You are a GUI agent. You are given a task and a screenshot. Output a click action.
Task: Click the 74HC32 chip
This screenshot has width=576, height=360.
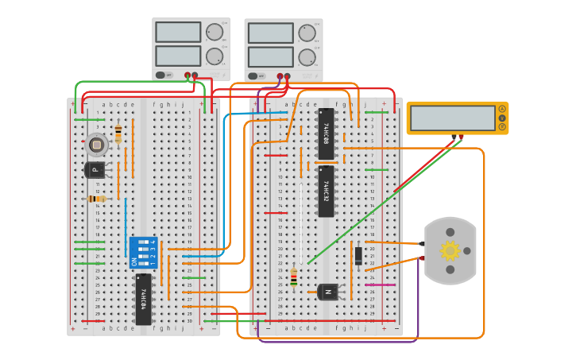pyautogui.click(x=326, y=191)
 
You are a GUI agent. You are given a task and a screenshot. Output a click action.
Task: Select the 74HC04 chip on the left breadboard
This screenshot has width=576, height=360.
pyautogui.click(x=143, y=299)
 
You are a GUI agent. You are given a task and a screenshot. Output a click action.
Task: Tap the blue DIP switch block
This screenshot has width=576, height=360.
pyautogui.click(x=145, y=252)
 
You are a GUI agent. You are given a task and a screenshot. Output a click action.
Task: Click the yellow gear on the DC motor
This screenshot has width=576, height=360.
pyautogui.click(x=450, y=251)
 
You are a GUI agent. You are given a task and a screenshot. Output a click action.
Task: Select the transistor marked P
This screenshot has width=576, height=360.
pyautogui.click(x=95, y=169)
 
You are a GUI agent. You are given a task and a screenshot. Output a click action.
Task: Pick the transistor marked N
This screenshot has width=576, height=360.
pyautogui.click(x=328, y=292)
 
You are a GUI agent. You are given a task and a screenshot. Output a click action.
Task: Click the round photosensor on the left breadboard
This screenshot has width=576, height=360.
pyautogui.click(x=96, y=145)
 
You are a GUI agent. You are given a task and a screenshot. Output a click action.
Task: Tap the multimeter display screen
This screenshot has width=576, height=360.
pyautogui.click(x=453, y=118)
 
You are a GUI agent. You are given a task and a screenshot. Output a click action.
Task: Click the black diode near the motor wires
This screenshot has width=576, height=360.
pyautogui.click(x=358, y=255)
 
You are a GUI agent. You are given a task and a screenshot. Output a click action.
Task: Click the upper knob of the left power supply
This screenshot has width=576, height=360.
pyautogui.click(x=215, y=33)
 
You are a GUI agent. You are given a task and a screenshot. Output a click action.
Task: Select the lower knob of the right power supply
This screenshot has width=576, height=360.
pyautogui.click(x=307, y=57)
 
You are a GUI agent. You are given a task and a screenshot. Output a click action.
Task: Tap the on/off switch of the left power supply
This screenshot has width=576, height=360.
pyautogui.click(x=161, y=75)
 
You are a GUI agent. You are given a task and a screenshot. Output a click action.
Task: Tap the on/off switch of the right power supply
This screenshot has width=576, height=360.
pyautogui.click(x=253, y=76)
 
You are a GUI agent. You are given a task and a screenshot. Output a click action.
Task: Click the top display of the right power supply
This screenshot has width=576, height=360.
pyautogui.click(x=270, y=33)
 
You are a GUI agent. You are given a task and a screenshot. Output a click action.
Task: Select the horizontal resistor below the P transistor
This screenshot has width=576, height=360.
pyautogui.click(x=97, y=199)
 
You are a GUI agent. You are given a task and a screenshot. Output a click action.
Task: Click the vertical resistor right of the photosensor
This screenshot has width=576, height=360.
pyautogui.click(x=118, y=134)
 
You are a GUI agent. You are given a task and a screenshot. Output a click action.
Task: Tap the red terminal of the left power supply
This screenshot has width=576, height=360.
pyautogui.click(x=195, y=76)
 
